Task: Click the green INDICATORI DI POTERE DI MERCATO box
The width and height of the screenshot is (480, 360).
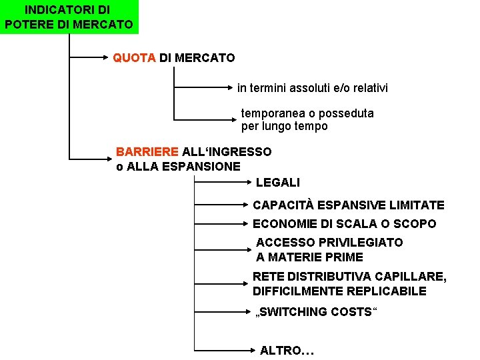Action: pos(68,17)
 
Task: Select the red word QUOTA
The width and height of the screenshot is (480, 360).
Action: pos(134,58)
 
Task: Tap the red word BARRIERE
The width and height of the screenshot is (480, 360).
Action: pos(147,151)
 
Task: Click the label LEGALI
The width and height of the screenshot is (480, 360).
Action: pos(278,182)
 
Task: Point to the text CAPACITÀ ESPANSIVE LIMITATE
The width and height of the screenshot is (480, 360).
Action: pos(348,205)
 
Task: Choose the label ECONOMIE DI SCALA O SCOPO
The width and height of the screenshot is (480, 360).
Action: pos(344,224)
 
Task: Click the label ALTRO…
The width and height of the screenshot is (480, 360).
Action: pos(287,350)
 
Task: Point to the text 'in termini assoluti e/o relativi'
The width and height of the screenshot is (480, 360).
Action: pos(312,88)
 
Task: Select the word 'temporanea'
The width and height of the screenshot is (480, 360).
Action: pos(273,113)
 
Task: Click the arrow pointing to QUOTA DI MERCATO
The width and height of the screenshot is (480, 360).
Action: pos(90,58)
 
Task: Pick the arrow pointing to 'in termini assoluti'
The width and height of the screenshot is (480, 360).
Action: pos(203,88)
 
